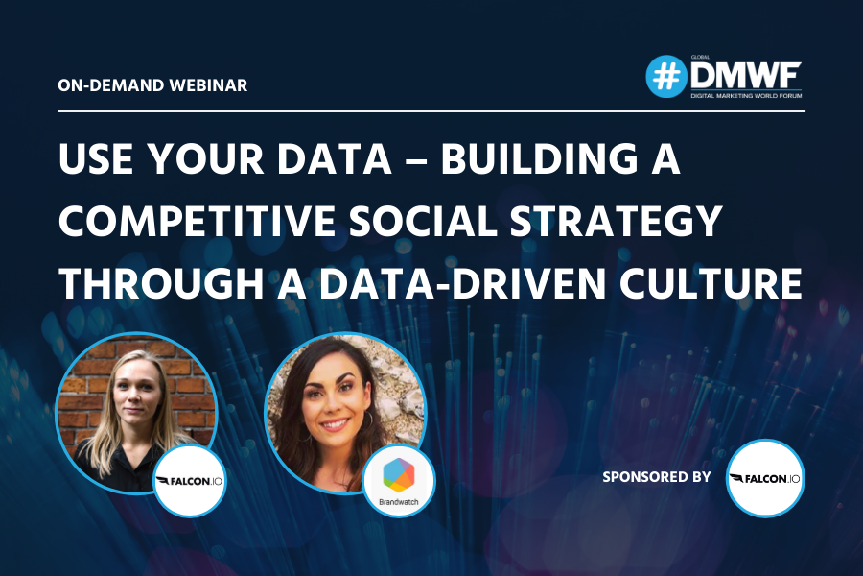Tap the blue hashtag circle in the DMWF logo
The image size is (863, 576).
click(666, 77)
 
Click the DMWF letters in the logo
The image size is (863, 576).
click(746, 76)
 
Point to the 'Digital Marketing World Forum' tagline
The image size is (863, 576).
click(746, 96)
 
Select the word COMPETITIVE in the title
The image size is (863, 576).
click(197, 221)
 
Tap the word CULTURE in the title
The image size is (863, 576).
click(710, 283)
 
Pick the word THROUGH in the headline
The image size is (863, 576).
click(161, 283)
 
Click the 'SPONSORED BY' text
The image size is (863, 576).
click(657, 477)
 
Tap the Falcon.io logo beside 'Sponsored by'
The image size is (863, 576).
click(765, 478)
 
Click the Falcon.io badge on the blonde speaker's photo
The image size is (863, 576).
click(189, 481)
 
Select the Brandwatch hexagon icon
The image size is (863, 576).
click(399, 475)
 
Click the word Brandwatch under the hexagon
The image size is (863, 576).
click(399, 502)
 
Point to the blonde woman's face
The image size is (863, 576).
click(136, 393)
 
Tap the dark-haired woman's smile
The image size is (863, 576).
click(335, 425)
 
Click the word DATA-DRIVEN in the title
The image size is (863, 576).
click(462, 283)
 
